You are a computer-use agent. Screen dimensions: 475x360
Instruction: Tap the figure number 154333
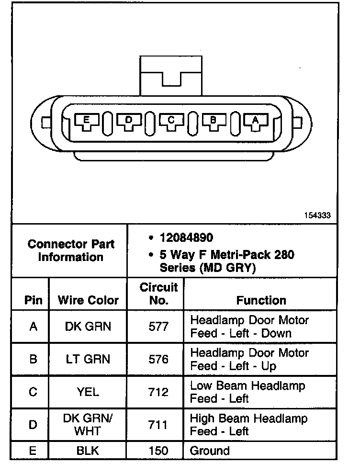pos(317,215)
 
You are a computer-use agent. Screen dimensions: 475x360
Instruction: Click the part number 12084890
pos(187,238)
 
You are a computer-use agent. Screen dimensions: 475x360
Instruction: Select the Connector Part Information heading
pos(71,250)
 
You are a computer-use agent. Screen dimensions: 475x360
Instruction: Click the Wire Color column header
pos(88,300)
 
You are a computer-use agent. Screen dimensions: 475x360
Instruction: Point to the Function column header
pos(261,300)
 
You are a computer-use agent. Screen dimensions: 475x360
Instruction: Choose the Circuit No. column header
pos(158,294)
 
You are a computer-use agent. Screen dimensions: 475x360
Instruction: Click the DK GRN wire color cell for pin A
pos(88,327)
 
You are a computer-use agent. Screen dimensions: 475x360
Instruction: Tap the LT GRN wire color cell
pos(88,359)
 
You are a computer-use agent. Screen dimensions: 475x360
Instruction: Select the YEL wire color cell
pos(88,392)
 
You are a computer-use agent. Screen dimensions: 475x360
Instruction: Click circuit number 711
pos(158,424)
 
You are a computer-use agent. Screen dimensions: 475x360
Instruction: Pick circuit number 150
pos(158,451)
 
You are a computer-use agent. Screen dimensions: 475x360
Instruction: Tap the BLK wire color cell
pos(88,451)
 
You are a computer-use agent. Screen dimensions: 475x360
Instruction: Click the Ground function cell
pos(210,451)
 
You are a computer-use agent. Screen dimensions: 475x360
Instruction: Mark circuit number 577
pos(158,327)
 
